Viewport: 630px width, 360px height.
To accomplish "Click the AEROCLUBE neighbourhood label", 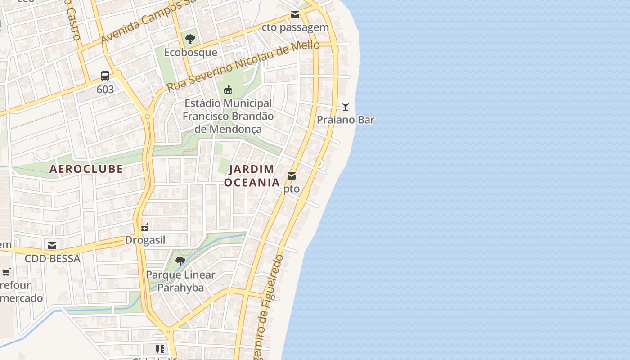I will (x=86, y=169).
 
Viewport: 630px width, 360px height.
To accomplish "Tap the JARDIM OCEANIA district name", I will (x=252, y=176).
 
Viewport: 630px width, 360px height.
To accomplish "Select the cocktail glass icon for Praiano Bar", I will (x=346, y=107).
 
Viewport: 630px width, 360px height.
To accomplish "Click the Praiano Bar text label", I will (x=346, y=120).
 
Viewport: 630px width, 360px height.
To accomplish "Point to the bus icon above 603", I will (x=105, y=76).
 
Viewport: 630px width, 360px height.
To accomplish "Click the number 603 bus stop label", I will (x=105, y=90).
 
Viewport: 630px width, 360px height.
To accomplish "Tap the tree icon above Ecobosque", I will (x=190, y=39).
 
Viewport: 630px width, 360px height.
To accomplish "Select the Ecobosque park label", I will (x=190, y=53).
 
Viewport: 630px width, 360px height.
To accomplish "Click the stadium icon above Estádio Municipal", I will (x=228, y=90).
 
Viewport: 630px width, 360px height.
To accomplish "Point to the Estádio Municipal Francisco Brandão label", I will (x=228, y=116).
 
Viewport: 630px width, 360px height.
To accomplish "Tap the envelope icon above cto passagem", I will (x=295, y=14).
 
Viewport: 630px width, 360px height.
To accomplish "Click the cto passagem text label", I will (x=295, y=28).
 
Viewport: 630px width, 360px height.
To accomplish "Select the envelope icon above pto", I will (x=292, y=176).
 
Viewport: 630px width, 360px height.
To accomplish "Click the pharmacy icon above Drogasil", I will (x=145, y=227).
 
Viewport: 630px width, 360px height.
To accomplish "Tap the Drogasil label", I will (x=145, y=240).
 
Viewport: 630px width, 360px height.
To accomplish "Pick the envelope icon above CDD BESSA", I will (x=52, y=246).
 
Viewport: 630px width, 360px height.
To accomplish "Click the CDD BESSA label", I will (x=52, y=259).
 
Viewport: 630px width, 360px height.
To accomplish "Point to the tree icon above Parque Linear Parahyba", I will (x=180, y=261).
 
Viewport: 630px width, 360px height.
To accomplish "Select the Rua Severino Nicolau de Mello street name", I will (x=243, y=66).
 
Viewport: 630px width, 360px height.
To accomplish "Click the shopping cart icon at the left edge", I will (x=6, y=272).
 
